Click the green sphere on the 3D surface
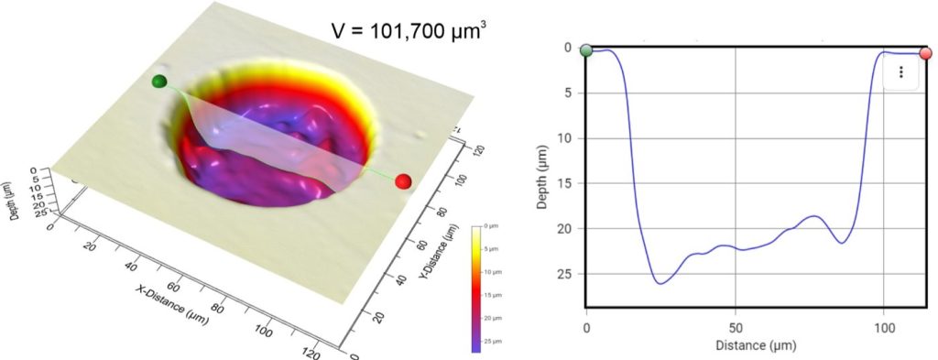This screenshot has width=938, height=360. pyautogui.click(x=159, y=82)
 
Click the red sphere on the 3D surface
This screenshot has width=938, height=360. pyautogui.click(x=402, y=182)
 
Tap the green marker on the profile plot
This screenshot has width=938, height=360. pyautogui.click(x=586, y=50)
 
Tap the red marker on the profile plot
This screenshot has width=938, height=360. pyautogui.click(x=926, y=53)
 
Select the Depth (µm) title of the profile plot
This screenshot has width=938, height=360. pyautogui.click(x=543, y=177)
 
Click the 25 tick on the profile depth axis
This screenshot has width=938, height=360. pyautogui.click(x=565, y=273)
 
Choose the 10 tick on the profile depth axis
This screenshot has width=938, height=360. pyautogui.click(x=565, y=138)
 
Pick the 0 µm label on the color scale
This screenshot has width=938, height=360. pyautogui.click(x=493, y=225)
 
